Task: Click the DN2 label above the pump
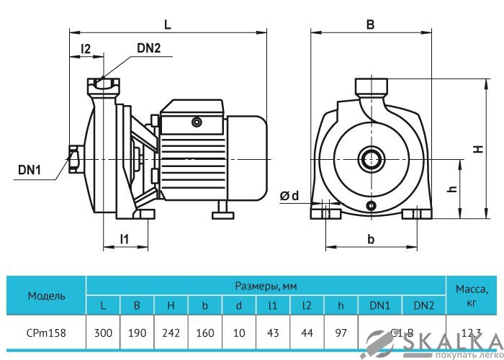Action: click(148, 49)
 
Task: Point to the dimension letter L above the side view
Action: click(167, 24)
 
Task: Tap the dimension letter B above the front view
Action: click(370, 24)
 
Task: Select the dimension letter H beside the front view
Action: click(476, 149)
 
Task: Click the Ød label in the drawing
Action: click(289, 196)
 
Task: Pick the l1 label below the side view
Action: click(125, 239)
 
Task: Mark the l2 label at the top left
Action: click(86, 49)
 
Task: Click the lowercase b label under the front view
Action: click(370, 238)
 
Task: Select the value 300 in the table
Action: click(103, 333)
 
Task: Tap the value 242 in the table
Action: click(171, 333)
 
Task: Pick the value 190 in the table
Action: click(137, 333)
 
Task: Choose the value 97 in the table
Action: click(341, 333)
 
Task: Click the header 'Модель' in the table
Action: click(47, 295)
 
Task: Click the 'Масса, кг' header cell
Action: click(472, 295)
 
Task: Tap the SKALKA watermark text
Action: click(446, 341)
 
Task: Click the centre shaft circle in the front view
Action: click(372, 158)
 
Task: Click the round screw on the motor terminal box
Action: click(196, 122)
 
